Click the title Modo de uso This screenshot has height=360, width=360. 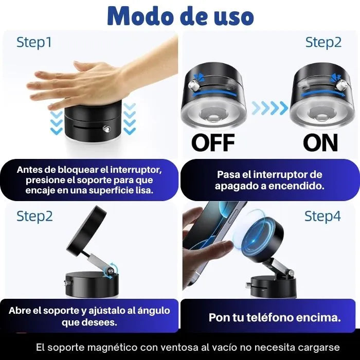tap(180, 16)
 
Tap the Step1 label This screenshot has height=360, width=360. tap(34, 42)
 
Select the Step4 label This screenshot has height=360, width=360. tap(322, 217)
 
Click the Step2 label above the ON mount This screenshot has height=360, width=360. tap(323, 42)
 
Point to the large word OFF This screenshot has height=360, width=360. tap(213, 142)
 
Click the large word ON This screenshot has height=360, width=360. tap(320, 142)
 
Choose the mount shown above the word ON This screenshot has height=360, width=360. tap(319, 98)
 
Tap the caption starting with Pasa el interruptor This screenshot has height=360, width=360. tap(269, 181)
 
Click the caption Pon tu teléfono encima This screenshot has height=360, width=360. tap(274, 317)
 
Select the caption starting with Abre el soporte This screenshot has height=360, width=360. tap(89, 316)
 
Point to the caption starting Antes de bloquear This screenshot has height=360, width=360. tap(89, 180)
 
